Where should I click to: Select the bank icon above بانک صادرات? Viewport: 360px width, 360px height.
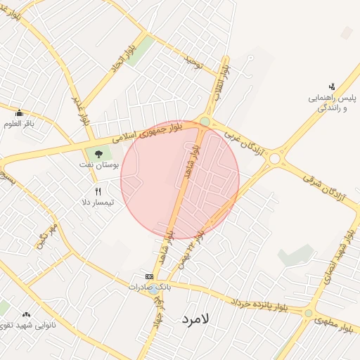point(148,276)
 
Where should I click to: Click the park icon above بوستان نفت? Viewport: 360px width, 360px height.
point(99,153)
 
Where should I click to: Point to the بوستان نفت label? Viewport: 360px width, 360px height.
point(100,165)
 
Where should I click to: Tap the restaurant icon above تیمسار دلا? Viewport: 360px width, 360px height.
point(98,191)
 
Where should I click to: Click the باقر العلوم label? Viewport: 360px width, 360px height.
point(19,124)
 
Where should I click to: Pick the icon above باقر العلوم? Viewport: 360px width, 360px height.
point(19,113)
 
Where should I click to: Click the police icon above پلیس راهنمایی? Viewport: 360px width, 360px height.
point(332,86)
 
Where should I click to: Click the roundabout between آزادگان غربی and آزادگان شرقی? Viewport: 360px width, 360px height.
point(274,160)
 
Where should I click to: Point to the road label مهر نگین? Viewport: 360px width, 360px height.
point(46,236)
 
